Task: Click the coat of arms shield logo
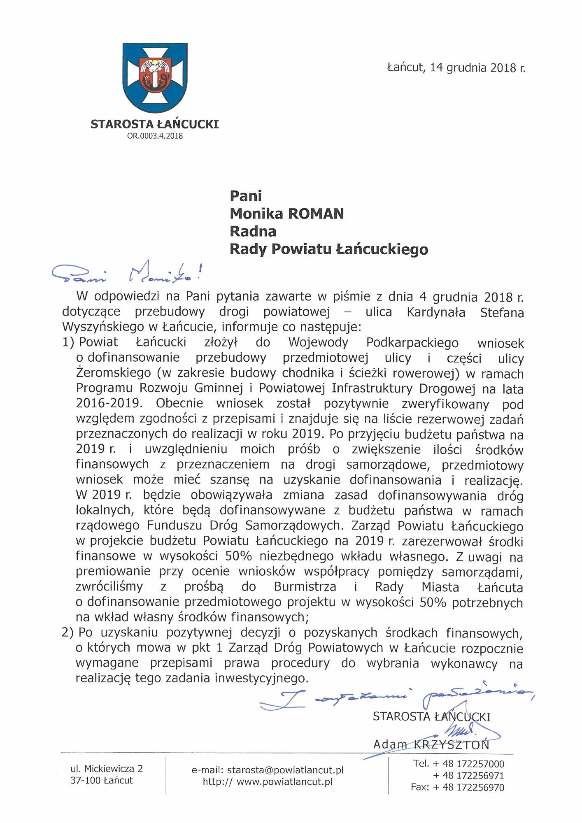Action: [x=155, y=78]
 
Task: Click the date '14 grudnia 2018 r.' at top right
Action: [x=477, y=68]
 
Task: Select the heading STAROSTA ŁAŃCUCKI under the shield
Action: [x=155, y=124]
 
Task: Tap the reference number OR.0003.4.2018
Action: [x=155, y=136]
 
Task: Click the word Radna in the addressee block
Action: [x=253, y=232]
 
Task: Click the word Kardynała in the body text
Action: [x=436, y=312]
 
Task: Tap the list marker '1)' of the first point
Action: [x=68, y=342]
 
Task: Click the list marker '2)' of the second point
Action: [x=68, y=632]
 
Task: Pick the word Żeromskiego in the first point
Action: [x=114, y=373]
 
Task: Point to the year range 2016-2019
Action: [x=109, y=403]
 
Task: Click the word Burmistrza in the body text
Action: [x=305, y=587]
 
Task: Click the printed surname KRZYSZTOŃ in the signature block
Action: [x=452, y=745]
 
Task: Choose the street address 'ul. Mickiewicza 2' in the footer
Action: [x=107, y=769]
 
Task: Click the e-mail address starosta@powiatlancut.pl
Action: [x=285, y=770]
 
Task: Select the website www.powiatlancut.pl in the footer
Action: [x=284, y=782]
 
